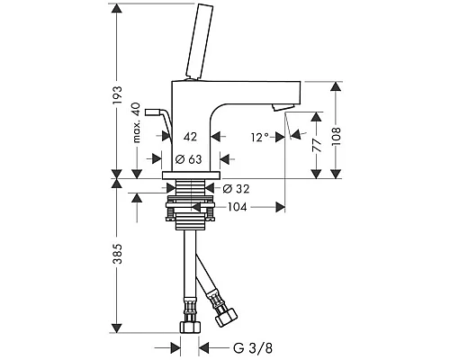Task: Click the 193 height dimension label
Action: (118, 95)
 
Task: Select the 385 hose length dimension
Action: (118, 254)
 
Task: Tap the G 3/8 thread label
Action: (253, 348)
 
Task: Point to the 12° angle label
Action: (260, 138)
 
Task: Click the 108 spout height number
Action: (336, 137)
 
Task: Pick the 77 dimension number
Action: (317, 146)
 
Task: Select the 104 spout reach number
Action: (237, 207)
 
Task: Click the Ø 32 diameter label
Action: (236, 189)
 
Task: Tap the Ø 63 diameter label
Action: (188, 159)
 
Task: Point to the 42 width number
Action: (190, 137)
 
